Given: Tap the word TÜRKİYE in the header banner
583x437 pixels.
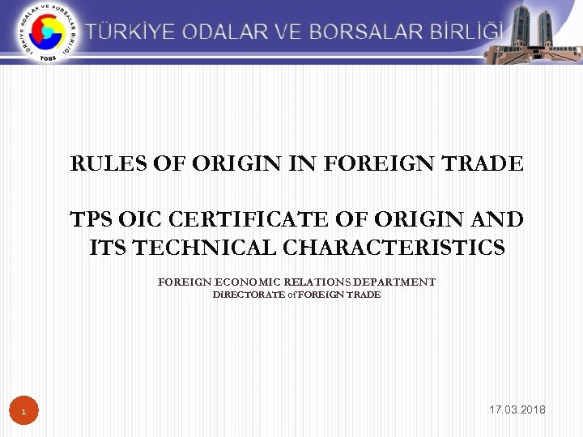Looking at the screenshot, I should click(132, 32).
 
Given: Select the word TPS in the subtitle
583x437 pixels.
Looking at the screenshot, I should click(91, 220).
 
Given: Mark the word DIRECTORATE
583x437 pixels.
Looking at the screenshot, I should click(248, 295).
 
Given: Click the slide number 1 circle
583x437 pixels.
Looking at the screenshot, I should click(23, 413).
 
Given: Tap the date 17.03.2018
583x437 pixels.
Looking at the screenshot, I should click(517, 410).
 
